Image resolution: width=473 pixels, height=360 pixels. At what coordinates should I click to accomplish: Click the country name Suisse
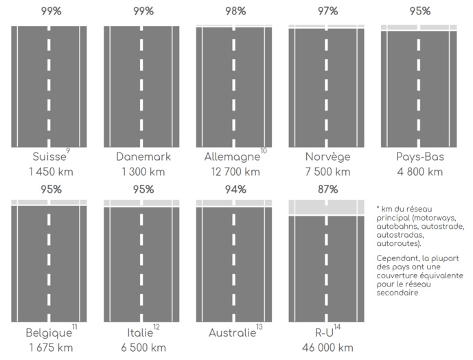[49, 157]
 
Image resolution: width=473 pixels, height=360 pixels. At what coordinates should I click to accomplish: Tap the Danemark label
[143, 157]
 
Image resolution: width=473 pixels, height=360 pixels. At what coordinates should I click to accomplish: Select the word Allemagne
[231, 157]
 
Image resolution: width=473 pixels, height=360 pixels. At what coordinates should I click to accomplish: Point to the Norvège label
[328, 157]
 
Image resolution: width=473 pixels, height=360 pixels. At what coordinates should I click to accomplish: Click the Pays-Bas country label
[419, 157]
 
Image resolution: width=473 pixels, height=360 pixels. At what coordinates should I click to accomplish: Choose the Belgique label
[48, 333]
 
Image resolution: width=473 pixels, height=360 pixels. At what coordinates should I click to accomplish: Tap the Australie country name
[231, 333]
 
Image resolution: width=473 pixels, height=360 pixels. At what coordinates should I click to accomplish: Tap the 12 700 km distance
[233, 172]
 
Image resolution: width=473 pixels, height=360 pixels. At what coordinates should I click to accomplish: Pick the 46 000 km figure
[327, 348]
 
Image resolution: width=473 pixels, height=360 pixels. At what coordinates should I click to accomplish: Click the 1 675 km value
[49, 348]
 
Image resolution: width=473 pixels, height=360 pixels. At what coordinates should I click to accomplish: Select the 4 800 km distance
[419, 172]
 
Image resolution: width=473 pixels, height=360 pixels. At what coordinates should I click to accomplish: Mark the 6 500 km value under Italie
[143, 348]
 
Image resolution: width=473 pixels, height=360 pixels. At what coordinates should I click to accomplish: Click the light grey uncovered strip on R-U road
[306, 207]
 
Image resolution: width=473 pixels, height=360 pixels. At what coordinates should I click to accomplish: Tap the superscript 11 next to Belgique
[74, 327]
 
